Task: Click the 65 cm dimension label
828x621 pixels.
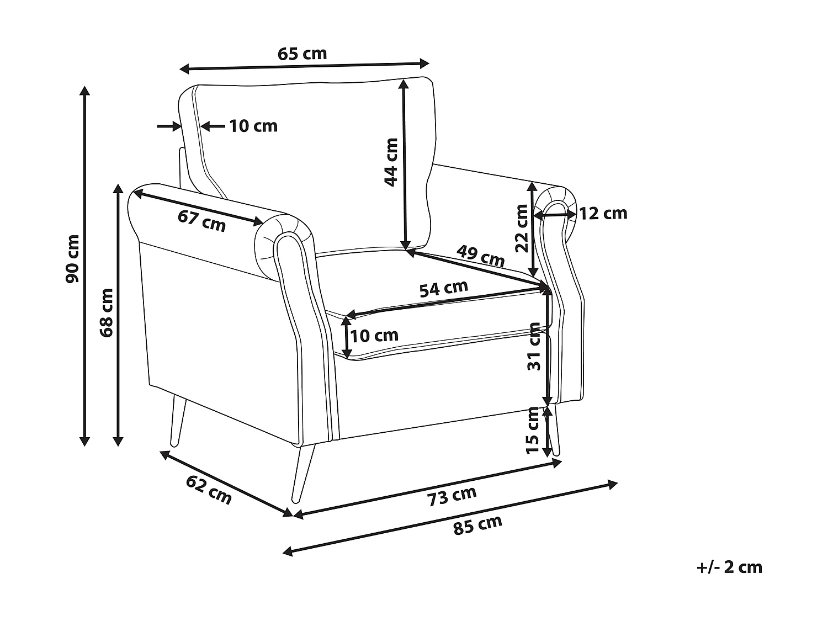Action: point(302,54)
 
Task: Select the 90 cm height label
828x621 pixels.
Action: point(72,259)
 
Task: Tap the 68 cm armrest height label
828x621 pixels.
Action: point(107,312)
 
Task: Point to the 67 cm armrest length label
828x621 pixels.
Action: point(202,221)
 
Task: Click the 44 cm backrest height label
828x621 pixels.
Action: point(391,162)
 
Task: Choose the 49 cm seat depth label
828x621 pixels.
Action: point(481,256)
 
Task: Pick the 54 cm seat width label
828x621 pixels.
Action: point(444,289)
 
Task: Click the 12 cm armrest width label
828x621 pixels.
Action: point(603,214)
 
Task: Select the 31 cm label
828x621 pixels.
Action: point(534,347)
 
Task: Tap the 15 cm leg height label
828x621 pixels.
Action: point(533,431)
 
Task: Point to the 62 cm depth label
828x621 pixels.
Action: point(209,490)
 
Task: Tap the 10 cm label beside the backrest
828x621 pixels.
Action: point(253,126)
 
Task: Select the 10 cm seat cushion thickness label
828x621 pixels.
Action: point(374,335)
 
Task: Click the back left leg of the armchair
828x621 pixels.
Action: point(178,422)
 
